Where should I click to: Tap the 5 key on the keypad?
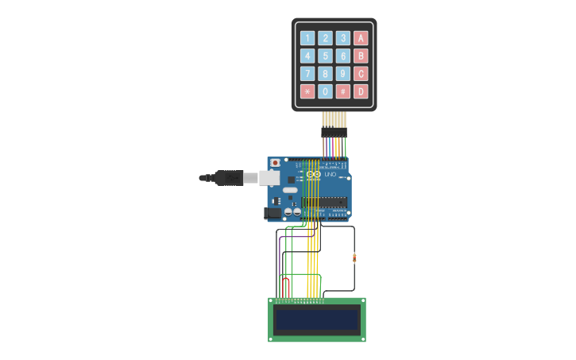pyautogui.click(x=325, y=56)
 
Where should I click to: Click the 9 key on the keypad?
pyautogui.click(x=342, y=74)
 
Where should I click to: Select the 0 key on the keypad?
pyautogui.click(x=325, y=91)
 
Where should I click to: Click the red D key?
pyautogui.click(x=361, y=91)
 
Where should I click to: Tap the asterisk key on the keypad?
pyautogui.click(x=307, y=91)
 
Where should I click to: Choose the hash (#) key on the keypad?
pyautogui.click(x=342, y=91)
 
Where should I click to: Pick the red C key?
pyautogui.click(x=361, y=74)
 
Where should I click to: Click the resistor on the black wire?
pyautogui.click(x=354, y=257)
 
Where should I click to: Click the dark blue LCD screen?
pyautogui.click(x=317, y=319)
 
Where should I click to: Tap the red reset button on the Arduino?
pyautogui.click(x=275, y=163)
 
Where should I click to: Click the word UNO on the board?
pyautogui.click(x=331, y=174)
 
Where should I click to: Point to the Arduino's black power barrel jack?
pyautogui.click(x=273, y=212)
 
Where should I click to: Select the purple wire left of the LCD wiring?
pyautogui.click(x=280, y=254)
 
